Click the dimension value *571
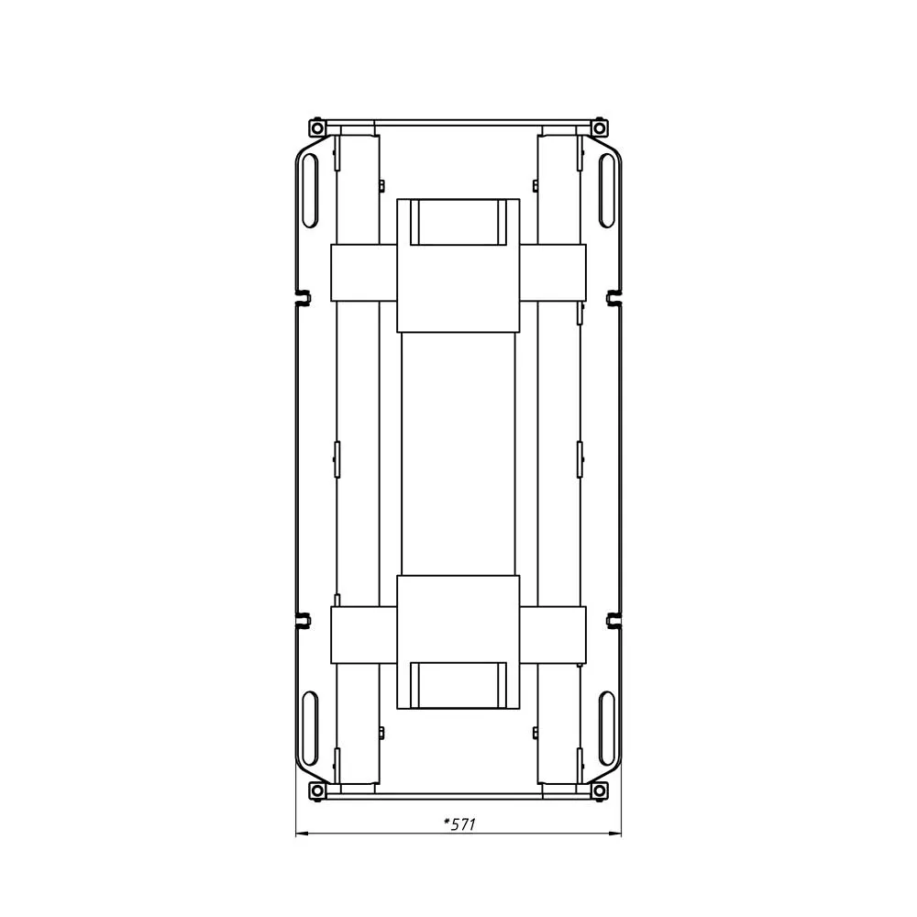click(x=459, y=824)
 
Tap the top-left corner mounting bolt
click(x=316, y=127)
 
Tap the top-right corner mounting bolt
click(x=600, y=127)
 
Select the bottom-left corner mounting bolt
click(x=316, y=790)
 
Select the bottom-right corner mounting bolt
click(x=600, y=790)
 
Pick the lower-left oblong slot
click(x=310, y=727)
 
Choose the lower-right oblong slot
click(x=606, y=727)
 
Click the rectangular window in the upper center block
click(x=458, y=222)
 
